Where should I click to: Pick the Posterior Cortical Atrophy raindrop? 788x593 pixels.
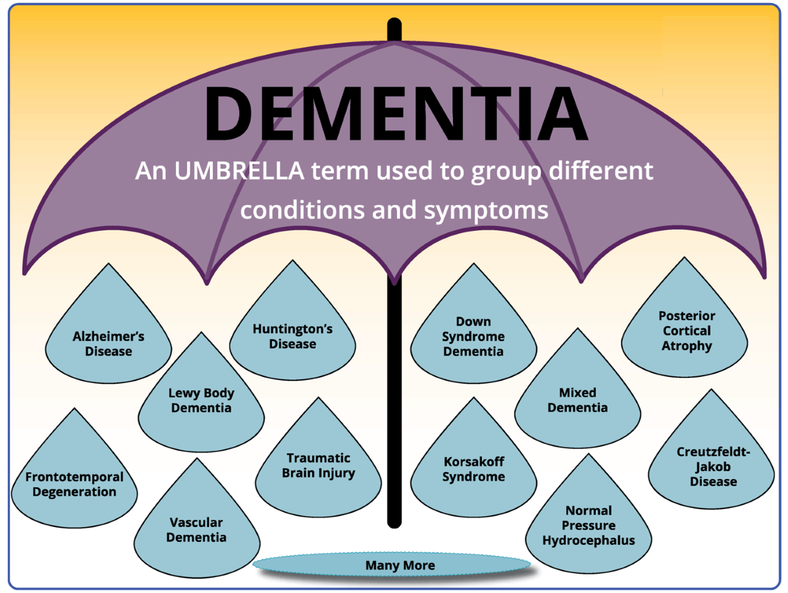tap(686, 331)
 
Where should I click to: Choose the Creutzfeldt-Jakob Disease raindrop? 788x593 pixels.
tap(713, 466)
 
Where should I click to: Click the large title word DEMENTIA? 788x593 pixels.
tap(395, 115)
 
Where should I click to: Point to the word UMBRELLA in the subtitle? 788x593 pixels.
tap(239, 171)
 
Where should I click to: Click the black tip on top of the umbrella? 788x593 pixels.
tap(395, 28)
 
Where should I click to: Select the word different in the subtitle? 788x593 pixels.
tap(601, 171)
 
